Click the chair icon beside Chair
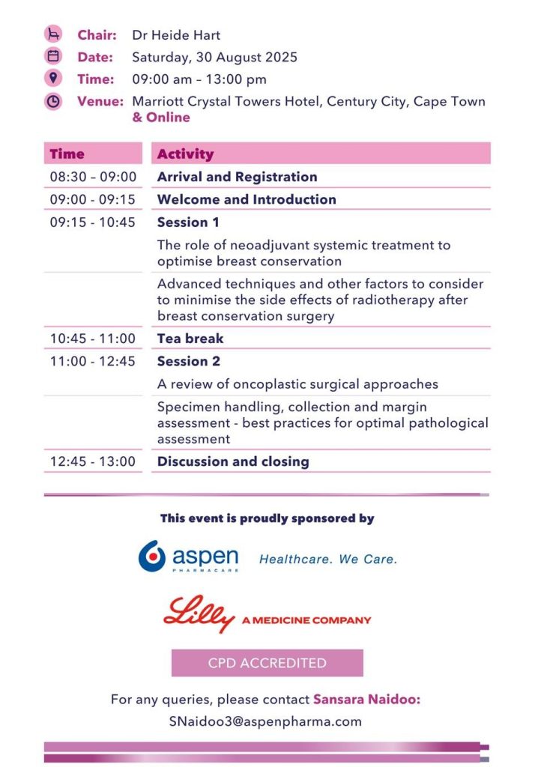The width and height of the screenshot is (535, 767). (53, 34)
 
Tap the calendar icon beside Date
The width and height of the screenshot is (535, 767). (53, 56)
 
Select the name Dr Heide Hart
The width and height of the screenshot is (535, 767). (176, 35)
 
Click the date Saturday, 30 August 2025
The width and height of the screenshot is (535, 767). (214, 57)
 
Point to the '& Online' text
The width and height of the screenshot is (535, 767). (161, 118)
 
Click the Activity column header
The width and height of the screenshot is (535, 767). (186, 154)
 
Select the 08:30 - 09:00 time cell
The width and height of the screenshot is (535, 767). (93, 177)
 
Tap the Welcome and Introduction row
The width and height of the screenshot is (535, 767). (247, 199)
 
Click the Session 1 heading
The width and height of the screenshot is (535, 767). (188, 222)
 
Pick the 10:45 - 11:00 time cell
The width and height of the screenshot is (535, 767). (92, 339)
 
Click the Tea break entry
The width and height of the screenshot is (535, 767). (190, 339)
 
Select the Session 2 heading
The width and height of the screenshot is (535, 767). (189, 361)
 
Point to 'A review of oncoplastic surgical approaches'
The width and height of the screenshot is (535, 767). (297, 384)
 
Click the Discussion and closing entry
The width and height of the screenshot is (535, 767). (233, 461)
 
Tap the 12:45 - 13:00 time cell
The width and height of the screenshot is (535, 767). (92, 461)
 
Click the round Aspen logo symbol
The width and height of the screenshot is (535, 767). (152, 557)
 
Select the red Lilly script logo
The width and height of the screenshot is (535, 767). (199, 614)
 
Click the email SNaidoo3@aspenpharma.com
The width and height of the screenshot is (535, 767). (265, 721)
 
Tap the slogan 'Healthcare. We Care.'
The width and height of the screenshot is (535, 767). (328, 559)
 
